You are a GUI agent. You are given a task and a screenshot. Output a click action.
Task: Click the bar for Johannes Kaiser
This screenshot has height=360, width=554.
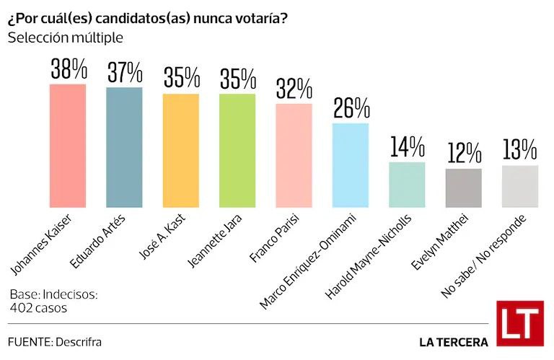(x=68, y=146)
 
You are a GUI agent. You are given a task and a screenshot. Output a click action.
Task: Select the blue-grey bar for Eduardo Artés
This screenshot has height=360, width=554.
(x=124, y=147)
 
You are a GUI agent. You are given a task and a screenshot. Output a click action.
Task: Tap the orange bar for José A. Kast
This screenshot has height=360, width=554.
(x=181, y=151)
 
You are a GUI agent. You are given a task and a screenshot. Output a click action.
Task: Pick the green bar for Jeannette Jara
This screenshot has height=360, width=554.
(x=237, y=151)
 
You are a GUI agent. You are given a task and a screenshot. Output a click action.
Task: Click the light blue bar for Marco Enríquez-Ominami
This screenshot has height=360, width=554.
(x=351, y=165)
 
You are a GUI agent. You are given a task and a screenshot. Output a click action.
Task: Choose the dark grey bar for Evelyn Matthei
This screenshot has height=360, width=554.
(x=464, y=188)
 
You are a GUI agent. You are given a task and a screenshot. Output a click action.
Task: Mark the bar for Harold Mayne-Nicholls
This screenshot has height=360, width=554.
(x=407, y=185)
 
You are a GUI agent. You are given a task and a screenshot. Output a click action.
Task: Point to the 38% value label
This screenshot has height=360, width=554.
(x=69, y=69)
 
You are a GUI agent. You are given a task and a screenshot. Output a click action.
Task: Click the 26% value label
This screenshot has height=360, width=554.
(x=351, y=107)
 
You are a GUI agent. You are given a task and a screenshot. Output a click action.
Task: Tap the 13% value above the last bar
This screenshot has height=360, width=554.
(x=519, y=149)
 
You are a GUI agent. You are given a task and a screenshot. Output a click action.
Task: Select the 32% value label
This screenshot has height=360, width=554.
(x=294, y=88)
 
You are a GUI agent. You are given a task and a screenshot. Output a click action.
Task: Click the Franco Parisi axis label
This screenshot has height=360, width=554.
(x=275, y=238)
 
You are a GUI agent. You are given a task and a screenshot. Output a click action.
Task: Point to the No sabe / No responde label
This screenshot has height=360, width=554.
(x=483, y=257)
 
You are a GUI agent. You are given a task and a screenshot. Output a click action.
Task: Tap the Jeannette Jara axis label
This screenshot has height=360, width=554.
(x=214, y=241)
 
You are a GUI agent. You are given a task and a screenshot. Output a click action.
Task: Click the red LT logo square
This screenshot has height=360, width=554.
(x=520, y=324)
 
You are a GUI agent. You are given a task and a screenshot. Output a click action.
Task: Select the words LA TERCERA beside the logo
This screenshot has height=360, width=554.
(x=454, y=342)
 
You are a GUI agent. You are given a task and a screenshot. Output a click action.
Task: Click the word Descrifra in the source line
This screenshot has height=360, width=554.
(x=79, y=342)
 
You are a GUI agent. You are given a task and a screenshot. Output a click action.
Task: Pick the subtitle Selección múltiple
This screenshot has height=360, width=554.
(x=66, y=38)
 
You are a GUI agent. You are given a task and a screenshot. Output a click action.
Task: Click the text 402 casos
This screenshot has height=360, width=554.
(x=38, y=308)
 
